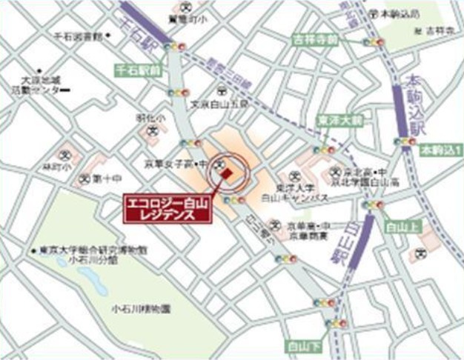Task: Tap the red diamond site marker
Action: click(x=228, y=173)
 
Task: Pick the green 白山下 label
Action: click(x=300, y=346)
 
